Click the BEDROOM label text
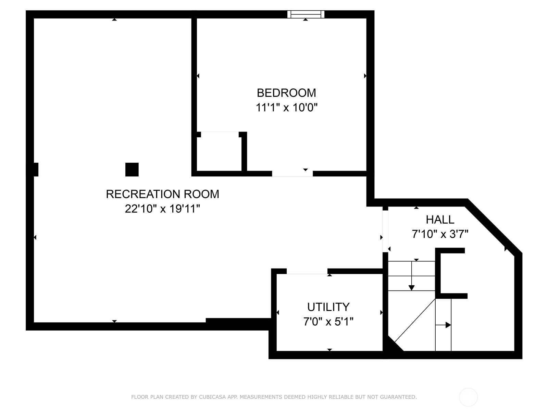(x=286, y=93)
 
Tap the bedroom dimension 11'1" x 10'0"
(x=286, y=108)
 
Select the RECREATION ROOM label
(x=162, y=194)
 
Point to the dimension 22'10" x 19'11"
(x=162, y=209)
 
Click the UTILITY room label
(x=328, y=307)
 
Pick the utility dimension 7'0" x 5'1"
(x=328, y=322)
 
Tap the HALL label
(x=440, y=220)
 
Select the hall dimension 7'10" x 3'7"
(x=440, y=234)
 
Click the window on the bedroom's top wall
(x=306, y=14)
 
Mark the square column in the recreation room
(x=132, y=170)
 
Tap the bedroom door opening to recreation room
(x=292, y=174)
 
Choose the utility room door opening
(x=307, y=272)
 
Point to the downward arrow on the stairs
(x=412, y=287)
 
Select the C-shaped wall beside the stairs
(x=438, y=273)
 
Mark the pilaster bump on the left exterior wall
(x=33, y=170)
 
